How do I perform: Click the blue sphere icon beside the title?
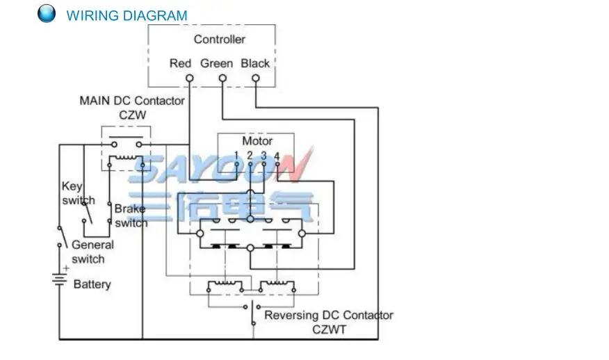(x=47, y=13)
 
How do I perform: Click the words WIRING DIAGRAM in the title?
(x=127, y=16)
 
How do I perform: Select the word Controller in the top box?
(x=220, y=39)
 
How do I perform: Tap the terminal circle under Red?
(x=190, y=78)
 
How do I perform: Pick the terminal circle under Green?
(x=222, y=78)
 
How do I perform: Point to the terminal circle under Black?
(x=256, y=78)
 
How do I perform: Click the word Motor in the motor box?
(x=257, y=140)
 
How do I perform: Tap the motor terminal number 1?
(x=236, y=156)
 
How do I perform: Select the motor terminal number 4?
(x=277, y=156)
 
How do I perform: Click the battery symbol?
(x=59, y=279)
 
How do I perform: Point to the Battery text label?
(x=92, y=284)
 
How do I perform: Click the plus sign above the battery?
(x=67, y=268)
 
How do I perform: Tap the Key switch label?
(x=78, y=193)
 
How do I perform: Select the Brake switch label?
(x=131, y=216)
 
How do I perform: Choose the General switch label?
(x=93, y=252)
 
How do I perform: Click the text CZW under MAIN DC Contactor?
(x=133, y=115)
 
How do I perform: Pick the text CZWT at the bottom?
(x=329, y=329)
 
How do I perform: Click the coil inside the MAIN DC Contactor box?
(x=126, y=158)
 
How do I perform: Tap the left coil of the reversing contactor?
(x=225, y=284)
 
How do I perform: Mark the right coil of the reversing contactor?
(x=277, y=284)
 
